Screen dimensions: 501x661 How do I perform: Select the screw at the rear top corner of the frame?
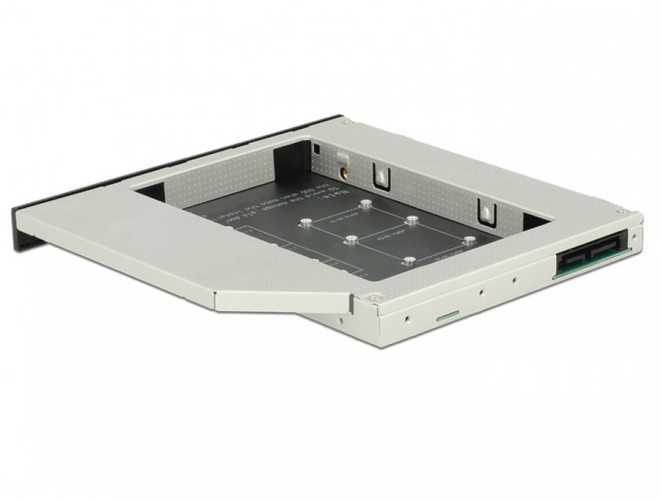pyautogui.click(x=347, y=122)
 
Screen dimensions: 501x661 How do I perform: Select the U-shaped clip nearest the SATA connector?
pyautogui.click(x=485, y=209)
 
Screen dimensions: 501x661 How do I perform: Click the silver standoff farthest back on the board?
pyautogui.click(x=366, y=204)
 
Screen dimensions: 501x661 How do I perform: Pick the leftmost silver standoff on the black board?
pyautogui.click(x=305, y=224)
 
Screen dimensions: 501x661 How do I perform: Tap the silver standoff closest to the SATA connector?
pyautogui.click(x=467, y=240)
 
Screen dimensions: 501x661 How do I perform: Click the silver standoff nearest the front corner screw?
pyautogui.click(x=409, y=261)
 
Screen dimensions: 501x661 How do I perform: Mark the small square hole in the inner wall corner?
pyautogui.click(x=317, y=150)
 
